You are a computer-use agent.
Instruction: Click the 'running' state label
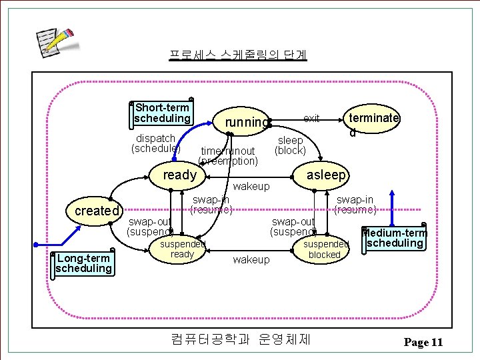pos(247,122)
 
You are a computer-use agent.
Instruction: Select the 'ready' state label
pos(180,175)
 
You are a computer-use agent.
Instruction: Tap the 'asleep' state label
pos(327,175)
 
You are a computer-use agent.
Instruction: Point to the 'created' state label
pos(97,211)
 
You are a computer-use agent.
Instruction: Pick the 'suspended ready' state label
pos(182,249)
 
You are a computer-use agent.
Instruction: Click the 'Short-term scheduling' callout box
pos(162,113)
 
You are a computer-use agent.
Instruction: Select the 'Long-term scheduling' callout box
pos(83,263)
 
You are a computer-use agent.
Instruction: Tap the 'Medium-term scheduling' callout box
pos(395,238)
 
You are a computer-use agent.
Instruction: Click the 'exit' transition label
pos(311,119)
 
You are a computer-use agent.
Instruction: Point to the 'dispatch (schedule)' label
pos(155,143)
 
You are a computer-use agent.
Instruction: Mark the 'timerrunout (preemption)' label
pos(228,156)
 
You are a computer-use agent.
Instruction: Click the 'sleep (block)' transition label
pos(290,145)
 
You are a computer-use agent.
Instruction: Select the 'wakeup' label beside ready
pos(251,187)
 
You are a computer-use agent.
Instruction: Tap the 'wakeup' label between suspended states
pos(251,259)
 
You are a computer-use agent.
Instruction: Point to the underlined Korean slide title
pos(237,54)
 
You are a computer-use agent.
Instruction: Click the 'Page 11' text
pos(423,343)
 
